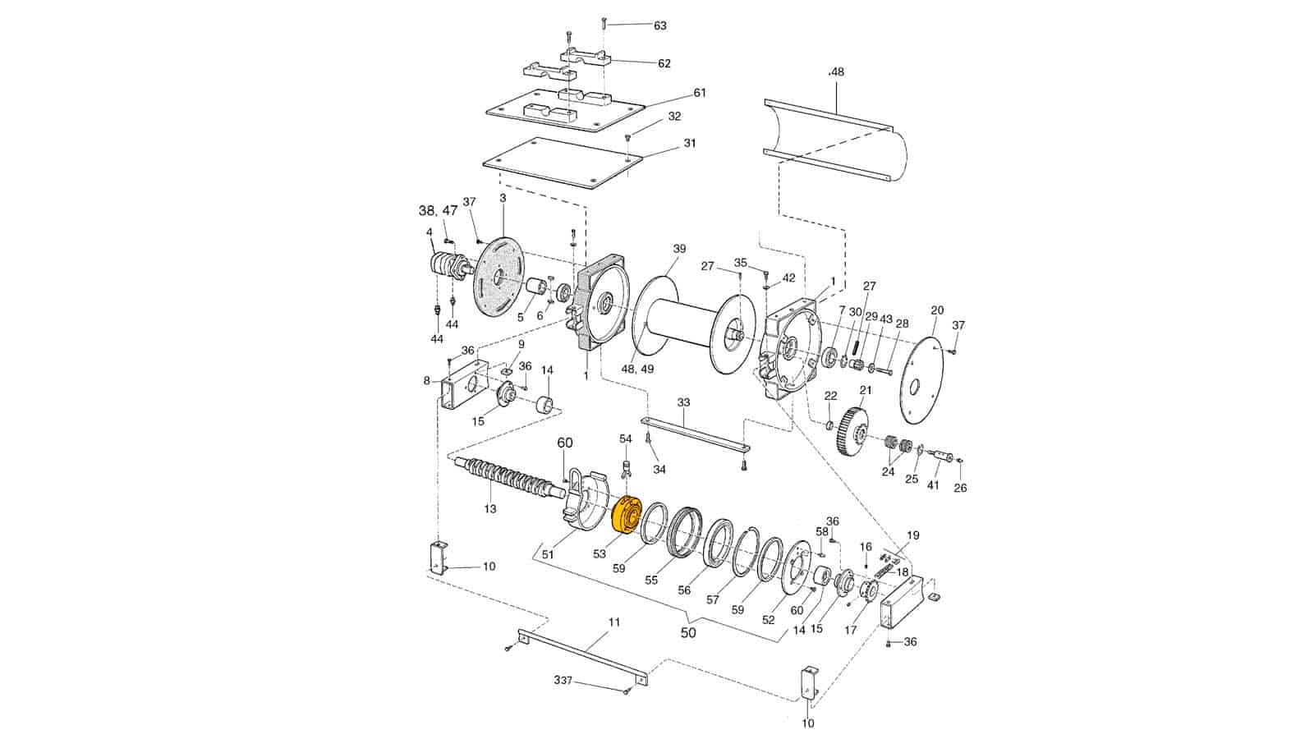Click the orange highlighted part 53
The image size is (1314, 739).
630,518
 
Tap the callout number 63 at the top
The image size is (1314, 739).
659,25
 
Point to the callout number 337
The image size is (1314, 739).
563,681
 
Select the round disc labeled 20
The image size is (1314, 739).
921,377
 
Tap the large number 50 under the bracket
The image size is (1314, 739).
687,633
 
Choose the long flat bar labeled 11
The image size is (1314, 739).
583,658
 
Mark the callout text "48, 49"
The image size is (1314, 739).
637,369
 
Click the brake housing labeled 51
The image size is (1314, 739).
586,500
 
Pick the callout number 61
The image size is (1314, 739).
699,93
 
